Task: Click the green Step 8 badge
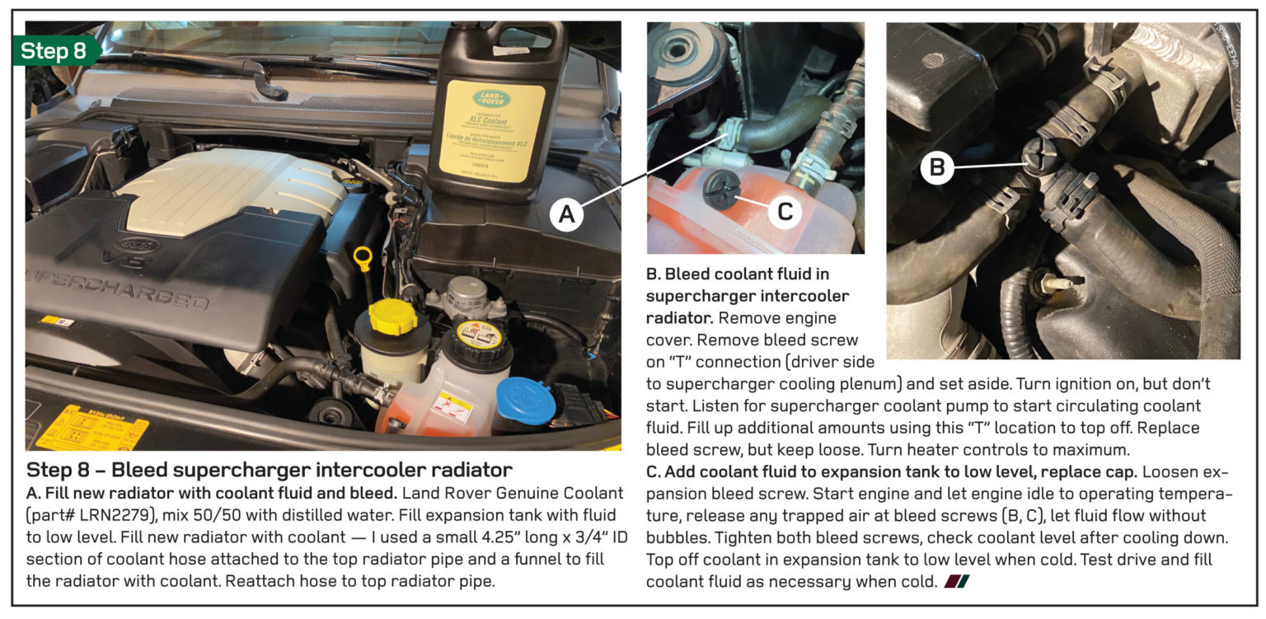(x=54, y=51)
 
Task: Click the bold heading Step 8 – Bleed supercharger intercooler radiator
(x=270, y=471)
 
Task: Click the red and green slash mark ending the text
(x=957, y=582)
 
